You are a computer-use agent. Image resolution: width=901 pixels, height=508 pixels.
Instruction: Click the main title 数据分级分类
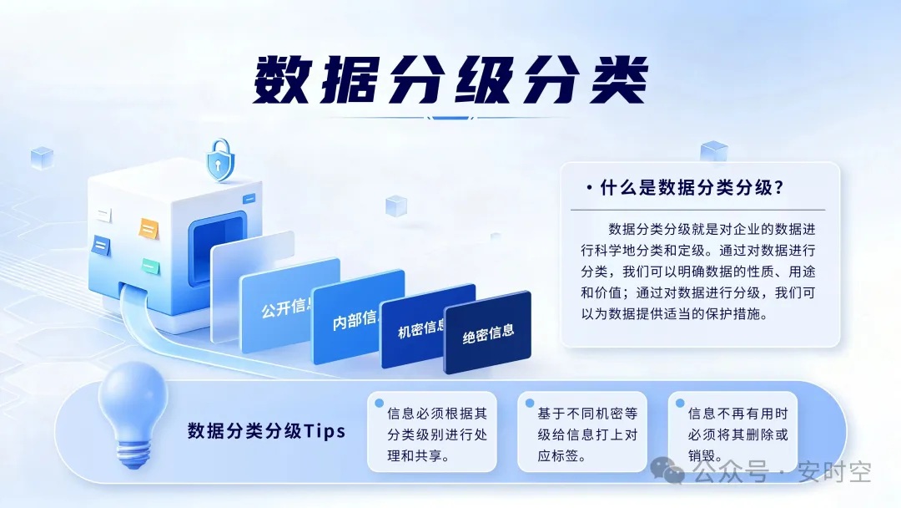click(450, 79)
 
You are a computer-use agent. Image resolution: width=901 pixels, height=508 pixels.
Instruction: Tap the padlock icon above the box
click(220, 160)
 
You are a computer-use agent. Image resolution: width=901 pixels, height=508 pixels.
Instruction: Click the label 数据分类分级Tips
click(267, 431)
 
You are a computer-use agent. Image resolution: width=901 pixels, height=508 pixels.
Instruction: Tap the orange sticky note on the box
click(148, 229)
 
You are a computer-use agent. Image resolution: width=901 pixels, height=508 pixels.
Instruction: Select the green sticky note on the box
click(150, 267)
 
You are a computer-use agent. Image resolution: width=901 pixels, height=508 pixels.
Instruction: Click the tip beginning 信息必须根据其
click(436, 434)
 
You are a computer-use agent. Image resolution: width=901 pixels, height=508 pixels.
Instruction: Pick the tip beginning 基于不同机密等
click(587, 434)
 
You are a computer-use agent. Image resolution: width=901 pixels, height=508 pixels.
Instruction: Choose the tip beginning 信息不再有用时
click(737, 434)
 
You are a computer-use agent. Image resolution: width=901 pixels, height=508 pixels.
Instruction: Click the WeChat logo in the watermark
click(667, 470)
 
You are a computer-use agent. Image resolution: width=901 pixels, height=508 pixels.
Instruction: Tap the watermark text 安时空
click(834, 472)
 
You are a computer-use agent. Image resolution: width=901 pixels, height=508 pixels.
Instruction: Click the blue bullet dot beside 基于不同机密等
click(530, 404)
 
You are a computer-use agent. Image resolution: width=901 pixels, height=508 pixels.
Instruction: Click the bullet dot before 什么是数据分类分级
click(589, 187)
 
